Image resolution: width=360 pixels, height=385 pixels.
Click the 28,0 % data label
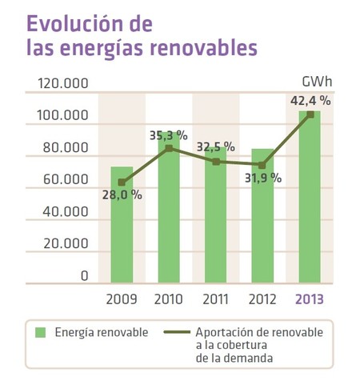pos(122,195)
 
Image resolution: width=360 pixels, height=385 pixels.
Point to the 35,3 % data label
pos(169,135)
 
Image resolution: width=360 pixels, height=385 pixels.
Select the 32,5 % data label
pos(214,146)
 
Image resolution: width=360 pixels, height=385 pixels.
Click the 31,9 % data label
pos(262,178)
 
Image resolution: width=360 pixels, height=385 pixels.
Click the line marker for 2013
pos(310,114)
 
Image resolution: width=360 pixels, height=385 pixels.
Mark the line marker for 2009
pos(122,182)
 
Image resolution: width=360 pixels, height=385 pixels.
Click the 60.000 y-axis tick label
pos(65,180)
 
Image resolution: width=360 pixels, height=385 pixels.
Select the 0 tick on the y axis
pos(84,276)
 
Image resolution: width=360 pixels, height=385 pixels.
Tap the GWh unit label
pos(318,82)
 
